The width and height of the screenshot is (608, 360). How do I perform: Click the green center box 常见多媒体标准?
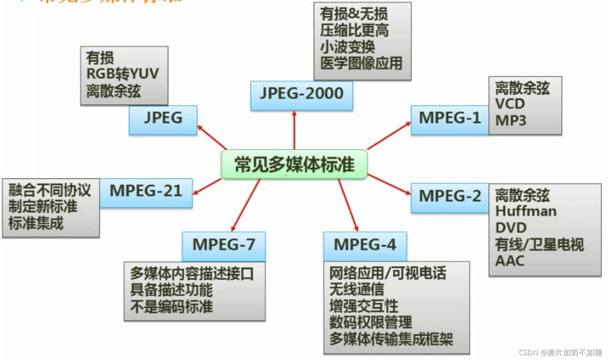294,164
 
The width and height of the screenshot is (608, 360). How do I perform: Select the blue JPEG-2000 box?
301,94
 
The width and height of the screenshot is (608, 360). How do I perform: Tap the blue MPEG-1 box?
450,118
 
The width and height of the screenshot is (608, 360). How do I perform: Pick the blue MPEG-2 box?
450,196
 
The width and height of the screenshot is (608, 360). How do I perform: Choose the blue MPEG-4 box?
365,245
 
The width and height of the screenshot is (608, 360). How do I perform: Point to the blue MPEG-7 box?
223,245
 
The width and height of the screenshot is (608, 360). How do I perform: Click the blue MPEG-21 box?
146,192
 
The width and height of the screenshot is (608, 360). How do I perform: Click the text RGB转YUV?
122,74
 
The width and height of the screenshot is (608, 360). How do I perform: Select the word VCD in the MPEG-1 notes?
510,104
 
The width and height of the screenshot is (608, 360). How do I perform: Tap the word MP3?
511,121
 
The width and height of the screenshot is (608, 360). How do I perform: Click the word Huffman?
526,211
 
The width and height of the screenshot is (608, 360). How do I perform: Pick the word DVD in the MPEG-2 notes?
511,228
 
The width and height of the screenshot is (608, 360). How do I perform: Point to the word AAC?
509,261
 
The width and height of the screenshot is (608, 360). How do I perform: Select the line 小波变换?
347,47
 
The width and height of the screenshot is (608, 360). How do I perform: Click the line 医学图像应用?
361,63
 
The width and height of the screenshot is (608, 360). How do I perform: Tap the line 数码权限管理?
371,322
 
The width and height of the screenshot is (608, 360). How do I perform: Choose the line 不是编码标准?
171,306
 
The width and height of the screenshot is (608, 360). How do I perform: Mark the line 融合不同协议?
50,191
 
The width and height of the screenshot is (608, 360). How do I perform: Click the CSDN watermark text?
560,353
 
